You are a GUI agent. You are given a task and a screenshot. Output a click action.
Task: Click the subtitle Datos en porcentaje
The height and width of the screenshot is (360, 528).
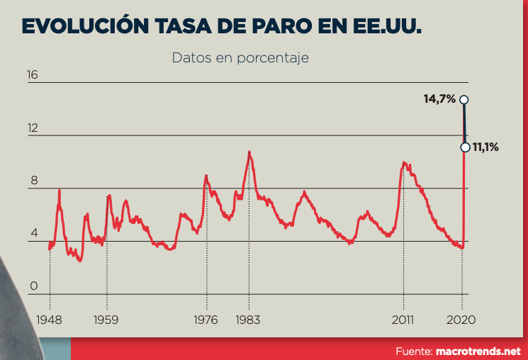240,57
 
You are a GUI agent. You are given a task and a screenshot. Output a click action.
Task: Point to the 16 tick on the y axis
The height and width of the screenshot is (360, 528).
33,75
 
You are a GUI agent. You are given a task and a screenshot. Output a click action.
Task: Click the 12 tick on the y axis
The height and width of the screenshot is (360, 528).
33,128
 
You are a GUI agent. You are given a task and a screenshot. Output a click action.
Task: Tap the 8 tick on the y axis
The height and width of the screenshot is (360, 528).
33,181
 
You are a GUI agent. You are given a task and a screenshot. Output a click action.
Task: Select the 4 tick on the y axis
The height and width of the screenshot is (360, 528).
33,233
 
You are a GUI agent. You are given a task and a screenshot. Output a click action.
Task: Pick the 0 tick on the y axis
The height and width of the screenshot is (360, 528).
33,286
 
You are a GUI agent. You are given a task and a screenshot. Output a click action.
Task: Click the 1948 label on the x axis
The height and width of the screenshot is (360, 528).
49,320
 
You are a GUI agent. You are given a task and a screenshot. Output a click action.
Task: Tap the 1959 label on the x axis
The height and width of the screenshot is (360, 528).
107,320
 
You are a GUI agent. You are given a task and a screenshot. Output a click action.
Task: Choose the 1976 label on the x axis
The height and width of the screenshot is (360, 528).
206,320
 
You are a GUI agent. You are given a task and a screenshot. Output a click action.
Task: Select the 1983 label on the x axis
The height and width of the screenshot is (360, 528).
249,320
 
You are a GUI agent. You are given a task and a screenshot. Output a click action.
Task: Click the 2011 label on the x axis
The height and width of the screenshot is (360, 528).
404,320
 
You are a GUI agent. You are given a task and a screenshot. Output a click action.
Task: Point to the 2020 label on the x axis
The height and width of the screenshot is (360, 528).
462,320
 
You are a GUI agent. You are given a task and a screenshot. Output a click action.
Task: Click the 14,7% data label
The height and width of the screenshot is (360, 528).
439,99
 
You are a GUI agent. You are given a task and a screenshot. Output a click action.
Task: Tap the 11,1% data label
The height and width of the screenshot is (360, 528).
486,147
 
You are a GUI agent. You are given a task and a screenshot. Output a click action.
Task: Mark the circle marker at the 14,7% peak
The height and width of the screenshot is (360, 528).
464,99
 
